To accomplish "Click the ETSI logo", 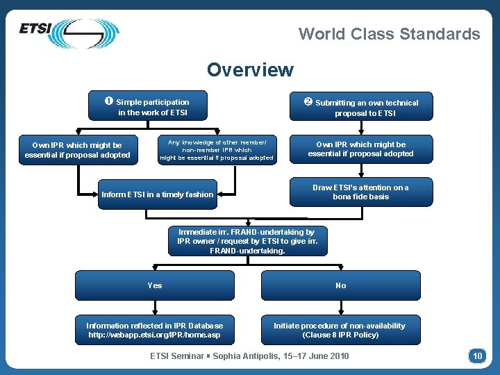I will point(68,32).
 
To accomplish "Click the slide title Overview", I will point(250,70).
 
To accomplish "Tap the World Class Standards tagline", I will point(389,34).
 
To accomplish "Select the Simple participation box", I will point(153,106).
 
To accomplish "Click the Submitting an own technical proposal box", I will point(361,107).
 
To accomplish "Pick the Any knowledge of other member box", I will point(217,149).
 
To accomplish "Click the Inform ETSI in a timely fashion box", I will point(158,194).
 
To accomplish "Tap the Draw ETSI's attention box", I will point(361,192).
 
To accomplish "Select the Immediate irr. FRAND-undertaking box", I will point(247,241).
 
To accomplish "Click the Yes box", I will point(155,285).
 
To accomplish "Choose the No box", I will point(340,285).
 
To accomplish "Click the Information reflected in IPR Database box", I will point(155,330).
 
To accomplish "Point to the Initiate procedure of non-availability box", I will point(340,330).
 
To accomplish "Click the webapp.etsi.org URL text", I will point(154,335).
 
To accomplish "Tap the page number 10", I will point(477,356).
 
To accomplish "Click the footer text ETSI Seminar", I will point(250,356).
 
